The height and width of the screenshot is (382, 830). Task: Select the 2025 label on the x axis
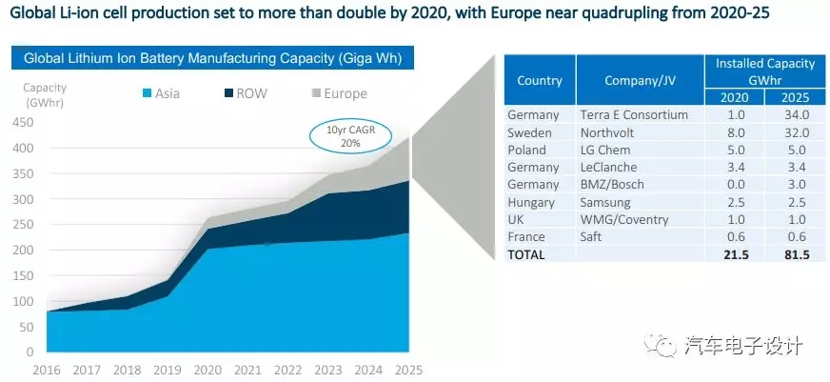(x=407, y=369)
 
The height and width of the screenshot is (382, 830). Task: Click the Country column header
(x=539, y=81)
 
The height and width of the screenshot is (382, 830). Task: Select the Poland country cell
(x=526, y=150)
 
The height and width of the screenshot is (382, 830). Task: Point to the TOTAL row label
(x=527, y=254)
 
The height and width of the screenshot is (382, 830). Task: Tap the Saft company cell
(x=592, y=236)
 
